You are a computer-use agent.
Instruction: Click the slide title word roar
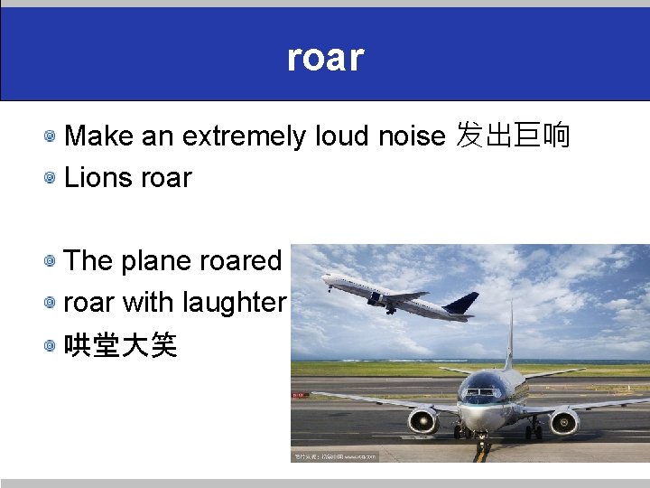click(325, 57)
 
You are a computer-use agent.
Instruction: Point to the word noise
click(412, 136)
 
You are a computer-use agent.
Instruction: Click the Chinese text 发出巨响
click(514, 136)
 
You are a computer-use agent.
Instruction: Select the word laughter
click(234, 302)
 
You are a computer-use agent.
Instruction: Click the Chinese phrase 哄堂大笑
click(120, 344)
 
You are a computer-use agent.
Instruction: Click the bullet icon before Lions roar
click(52, 178)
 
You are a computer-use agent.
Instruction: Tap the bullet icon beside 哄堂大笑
click(52, 344)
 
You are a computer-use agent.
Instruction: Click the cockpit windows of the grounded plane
click(483, 393)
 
